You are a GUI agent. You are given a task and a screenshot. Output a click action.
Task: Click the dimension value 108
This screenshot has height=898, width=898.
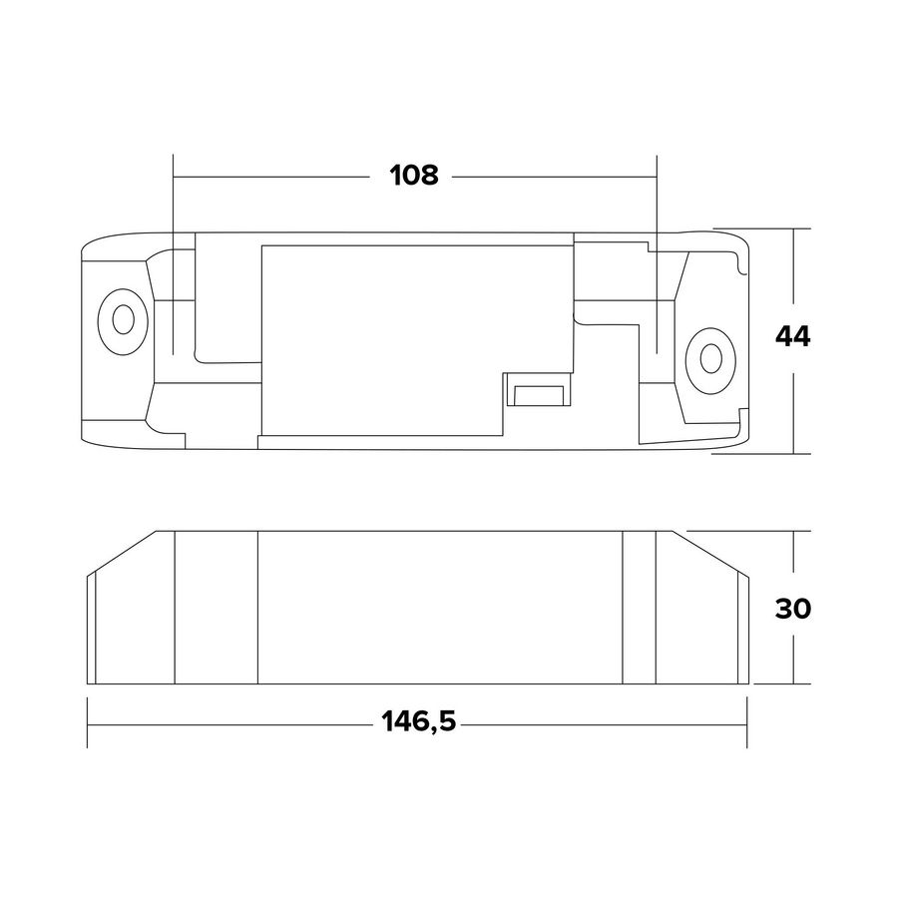[414, 176]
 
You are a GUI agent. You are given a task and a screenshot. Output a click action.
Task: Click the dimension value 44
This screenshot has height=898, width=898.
[793, 337]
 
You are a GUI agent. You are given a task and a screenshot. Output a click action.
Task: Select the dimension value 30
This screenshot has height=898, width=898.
[793, 609]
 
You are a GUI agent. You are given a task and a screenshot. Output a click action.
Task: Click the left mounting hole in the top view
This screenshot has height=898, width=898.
[122, 320]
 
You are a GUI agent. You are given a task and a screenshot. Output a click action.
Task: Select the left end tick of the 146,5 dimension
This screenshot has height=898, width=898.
[89, 722]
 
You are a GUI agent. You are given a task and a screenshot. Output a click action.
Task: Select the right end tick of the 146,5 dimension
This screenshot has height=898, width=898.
[747, 722]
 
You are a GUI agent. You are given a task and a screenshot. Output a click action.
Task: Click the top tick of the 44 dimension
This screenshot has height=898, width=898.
[793, 228]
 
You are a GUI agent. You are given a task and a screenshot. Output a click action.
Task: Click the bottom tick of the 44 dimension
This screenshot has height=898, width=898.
[793, 452]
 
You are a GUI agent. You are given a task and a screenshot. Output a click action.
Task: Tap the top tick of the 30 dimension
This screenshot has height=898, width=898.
[793, 531]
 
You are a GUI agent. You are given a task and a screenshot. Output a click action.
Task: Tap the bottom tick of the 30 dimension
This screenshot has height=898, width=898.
[793, 684]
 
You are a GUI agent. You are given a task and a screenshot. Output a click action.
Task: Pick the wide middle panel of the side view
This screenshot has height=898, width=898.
[439, 609]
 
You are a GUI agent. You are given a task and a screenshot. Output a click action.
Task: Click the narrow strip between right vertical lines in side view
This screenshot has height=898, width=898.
[639, 609]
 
